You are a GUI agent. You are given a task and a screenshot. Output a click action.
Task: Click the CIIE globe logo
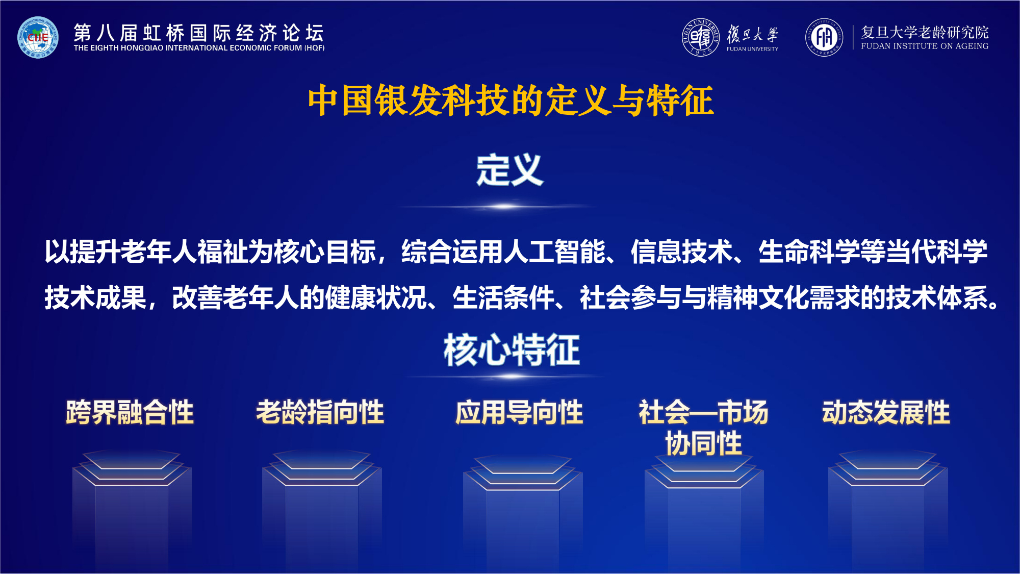pyautogui.click(x=38, y=37)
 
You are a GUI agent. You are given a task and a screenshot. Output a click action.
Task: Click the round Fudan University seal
pyautogui.click(x=701, y=37)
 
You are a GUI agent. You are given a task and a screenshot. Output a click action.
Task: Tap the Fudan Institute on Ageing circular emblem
pyautogui.click(x=824, y=37)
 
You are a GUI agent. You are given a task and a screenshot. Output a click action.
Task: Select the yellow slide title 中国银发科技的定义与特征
pyautogui.click(x=510, y=101)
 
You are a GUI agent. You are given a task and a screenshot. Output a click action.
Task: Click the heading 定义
pyautogui.click(x=510, y=170)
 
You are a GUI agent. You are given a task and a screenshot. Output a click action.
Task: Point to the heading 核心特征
pyautogui.click(x=512, y=350)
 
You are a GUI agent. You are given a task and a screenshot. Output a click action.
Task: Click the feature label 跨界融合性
pyautogui.click(x=130, y=412)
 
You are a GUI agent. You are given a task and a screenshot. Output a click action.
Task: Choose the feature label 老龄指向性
pyautogui.click(x=320, y=412)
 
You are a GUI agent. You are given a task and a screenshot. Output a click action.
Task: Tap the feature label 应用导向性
pyautogui.click(x=519, y=412)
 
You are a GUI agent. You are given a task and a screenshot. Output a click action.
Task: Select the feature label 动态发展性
pyautogui.click(x=886, y=412)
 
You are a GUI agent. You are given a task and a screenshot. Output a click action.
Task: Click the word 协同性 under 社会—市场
pyautogui.click(x=703, y=443)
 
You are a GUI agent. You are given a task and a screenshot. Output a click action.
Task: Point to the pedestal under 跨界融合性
pyautogui.click(x=132, y=505)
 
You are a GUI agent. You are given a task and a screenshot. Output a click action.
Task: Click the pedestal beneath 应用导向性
pyautogui.click(x=522, y=510)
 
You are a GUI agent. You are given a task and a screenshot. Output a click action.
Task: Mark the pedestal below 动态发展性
pyautogui.click(x=887, y=505)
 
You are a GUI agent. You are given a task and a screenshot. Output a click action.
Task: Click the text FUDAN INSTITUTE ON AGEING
pyautogui.click(x=925, y=46)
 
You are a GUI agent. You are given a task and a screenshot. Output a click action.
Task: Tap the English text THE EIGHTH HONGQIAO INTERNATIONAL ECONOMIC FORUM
pyautogui.click(x=199, y=48)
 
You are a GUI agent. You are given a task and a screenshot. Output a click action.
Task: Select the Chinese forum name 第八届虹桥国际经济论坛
pyautogui.click(x=199, y=33)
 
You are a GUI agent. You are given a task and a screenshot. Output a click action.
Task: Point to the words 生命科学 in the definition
pyautogui.click(x=809, y=252)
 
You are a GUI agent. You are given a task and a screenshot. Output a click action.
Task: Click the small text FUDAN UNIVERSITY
pyautogui.click(x=752, y=49)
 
